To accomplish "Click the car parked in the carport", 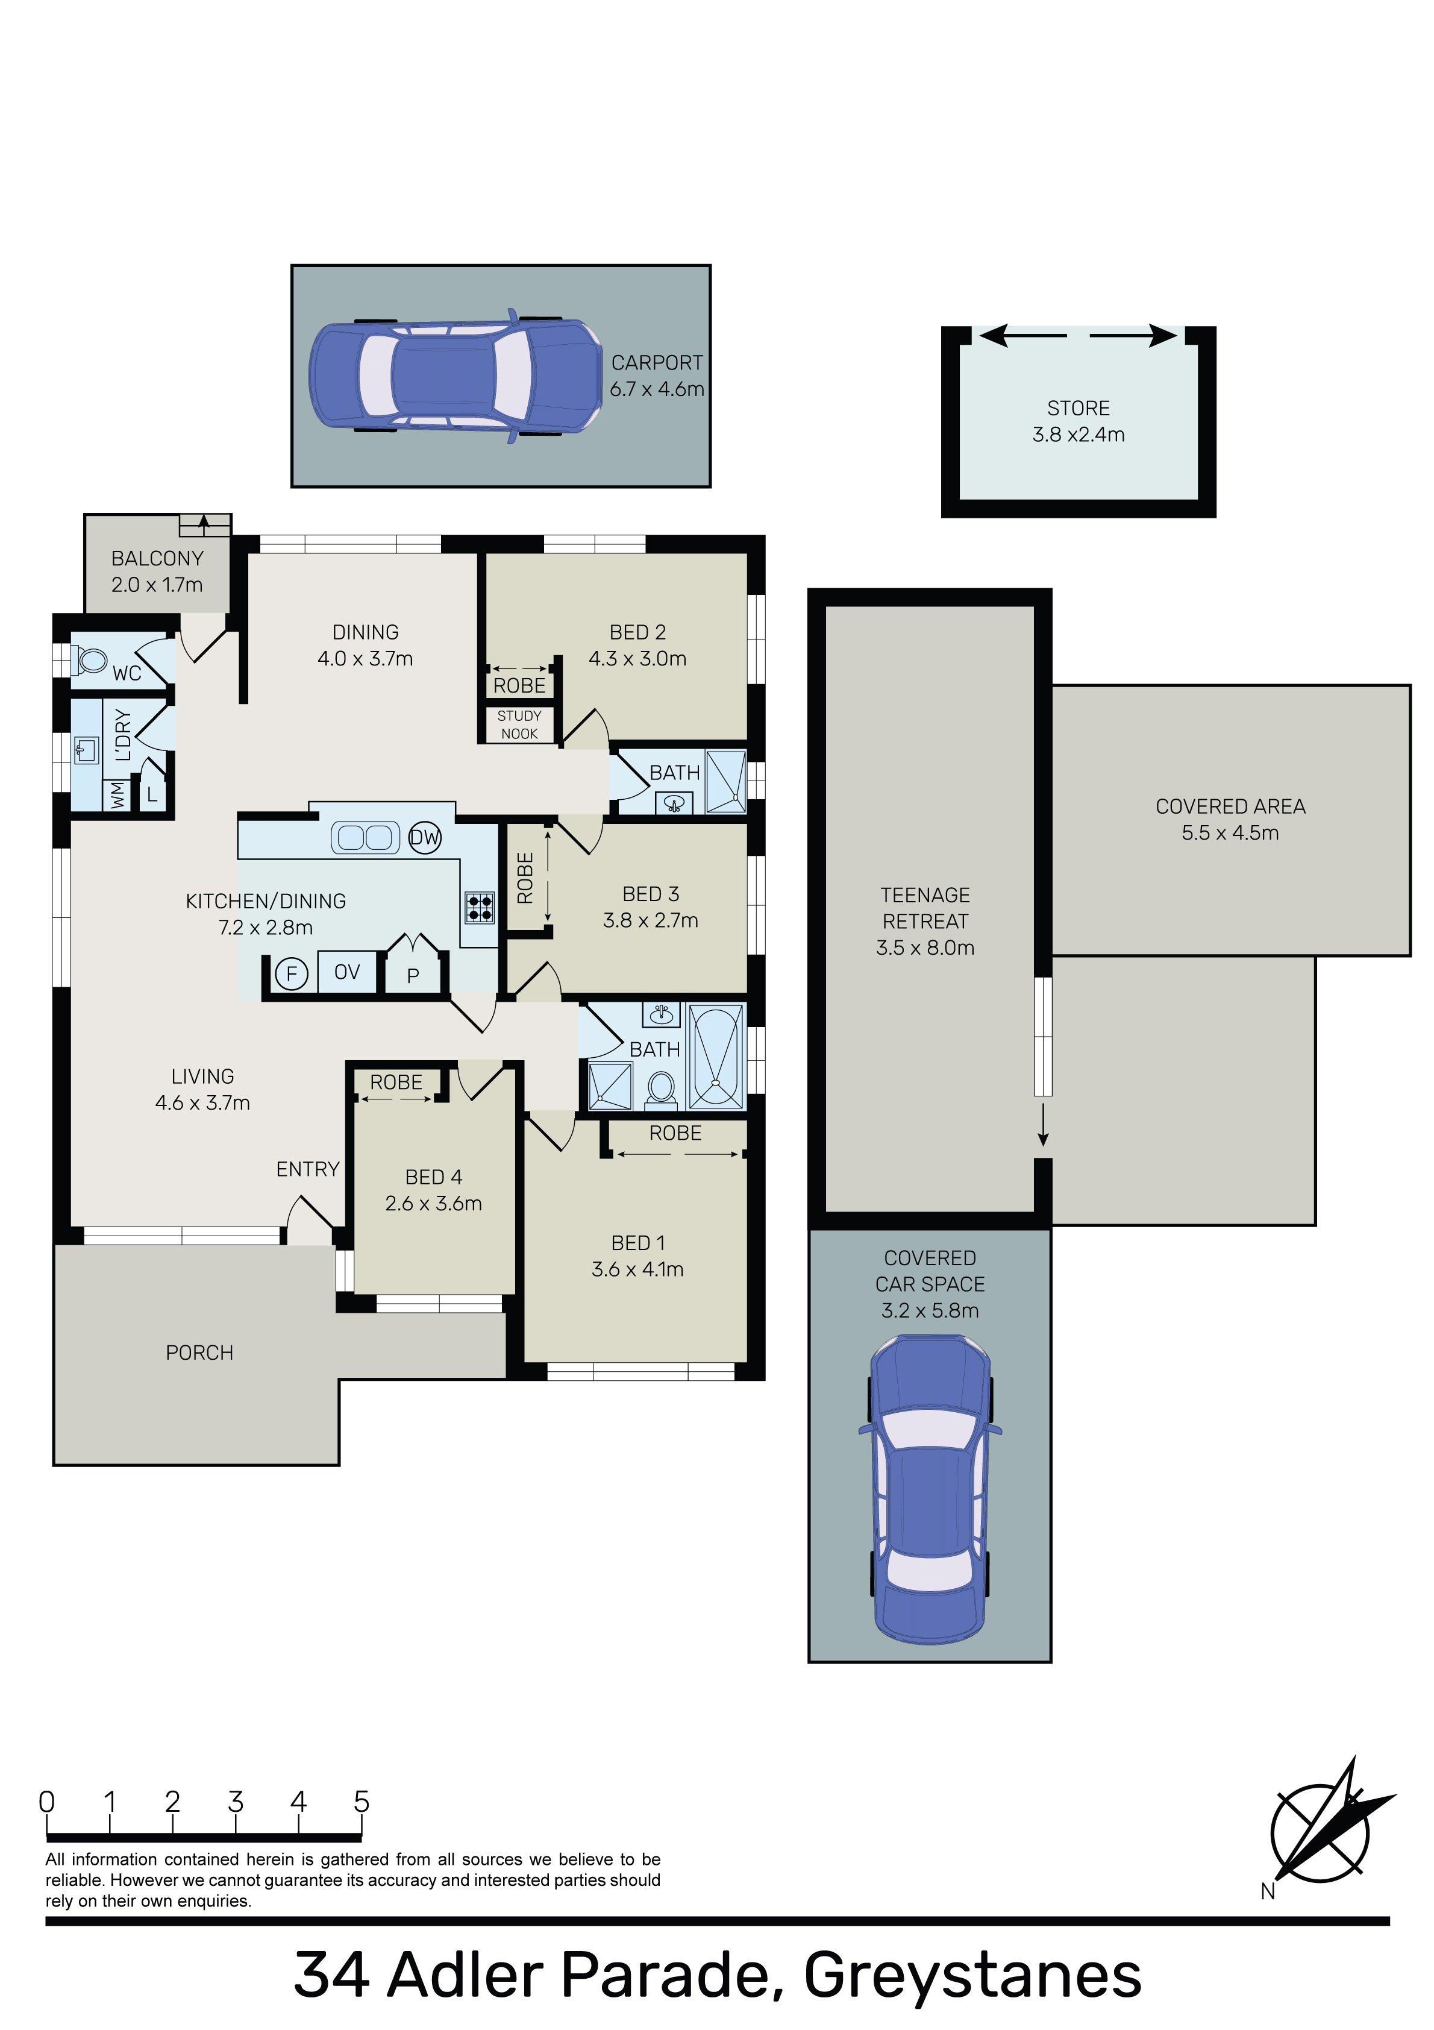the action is point(456,376).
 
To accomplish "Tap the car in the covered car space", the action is point(930,1488).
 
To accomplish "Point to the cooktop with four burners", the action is point(480,907).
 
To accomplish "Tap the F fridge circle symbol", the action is point(291,973).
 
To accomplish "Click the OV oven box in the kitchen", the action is point(346,973).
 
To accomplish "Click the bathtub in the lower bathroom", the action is point(716,1057).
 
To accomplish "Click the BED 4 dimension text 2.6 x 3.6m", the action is point(433,1203).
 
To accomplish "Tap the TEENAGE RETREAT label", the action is point(925,908).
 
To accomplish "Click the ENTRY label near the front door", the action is point(308,1169).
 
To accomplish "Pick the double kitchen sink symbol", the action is point(365,837).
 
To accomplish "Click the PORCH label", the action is point(200,1353).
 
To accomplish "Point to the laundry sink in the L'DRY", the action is point(86,750).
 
